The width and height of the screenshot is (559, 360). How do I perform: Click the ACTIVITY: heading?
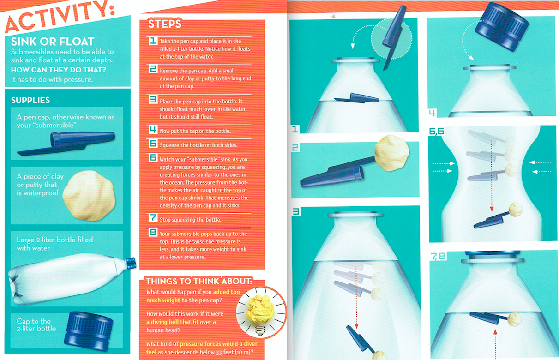60,16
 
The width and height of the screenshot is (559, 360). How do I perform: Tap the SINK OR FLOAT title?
53,42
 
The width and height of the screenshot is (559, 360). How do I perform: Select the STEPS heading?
165,24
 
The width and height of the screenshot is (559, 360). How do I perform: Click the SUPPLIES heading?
30,100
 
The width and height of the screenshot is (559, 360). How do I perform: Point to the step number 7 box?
153,217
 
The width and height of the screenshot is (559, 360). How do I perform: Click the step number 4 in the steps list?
153,129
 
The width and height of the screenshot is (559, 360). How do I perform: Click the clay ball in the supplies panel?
89,196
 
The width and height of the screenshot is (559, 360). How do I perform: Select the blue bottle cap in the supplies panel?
89,330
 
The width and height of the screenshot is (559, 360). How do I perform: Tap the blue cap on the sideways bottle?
130,264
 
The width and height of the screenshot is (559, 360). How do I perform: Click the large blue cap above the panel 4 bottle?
502,26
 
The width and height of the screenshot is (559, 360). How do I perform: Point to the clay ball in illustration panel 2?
391,153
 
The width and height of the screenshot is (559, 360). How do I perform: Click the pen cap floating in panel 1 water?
356,98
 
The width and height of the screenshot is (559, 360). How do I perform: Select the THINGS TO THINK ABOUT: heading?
199,282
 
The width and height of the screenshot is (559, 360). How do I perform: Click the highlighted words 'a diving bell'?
162,322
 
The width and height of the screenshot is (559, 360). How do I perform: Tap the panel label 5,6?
437,131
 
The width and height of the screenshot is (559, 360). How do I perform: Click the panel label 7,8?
438,256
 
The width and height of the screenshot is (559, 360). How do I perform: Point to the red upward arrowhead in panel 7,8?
495,332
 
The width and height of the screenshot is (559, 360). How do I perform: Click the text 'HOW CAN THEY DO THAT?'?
59,70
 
